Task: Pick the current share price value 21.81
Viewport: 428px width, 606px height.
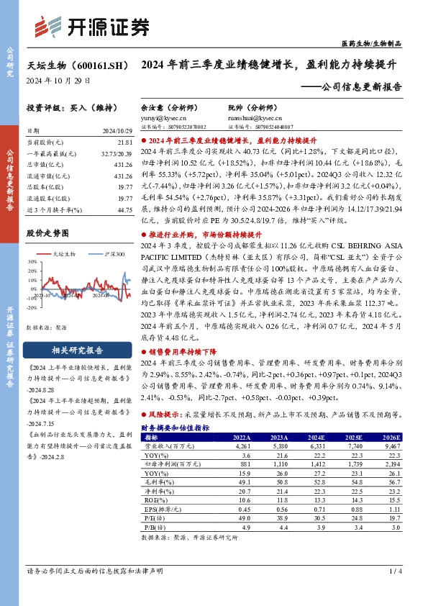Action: tap(125, 143)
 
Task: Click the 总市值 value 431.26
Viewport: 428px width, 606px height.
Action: tap(124, 165)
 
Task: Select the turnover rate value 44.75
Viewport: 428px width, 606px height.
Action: tap(125, 209)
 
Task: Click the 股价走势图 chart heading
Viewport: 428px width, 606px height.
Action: tap(47, 233)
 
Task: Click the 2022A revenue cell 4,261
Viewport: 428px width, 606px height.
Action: tap(240, 446)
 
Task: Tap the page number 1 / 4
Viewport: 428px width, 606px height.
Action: tap(394, 571)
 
